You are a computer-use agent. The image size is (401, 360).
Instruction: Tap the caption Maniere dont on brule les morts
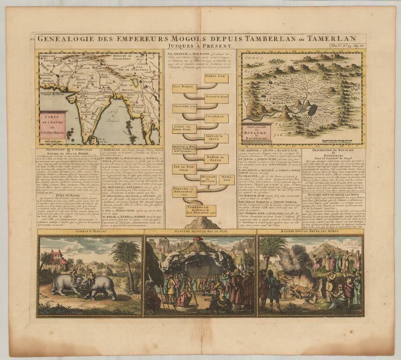pos(310,231)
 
